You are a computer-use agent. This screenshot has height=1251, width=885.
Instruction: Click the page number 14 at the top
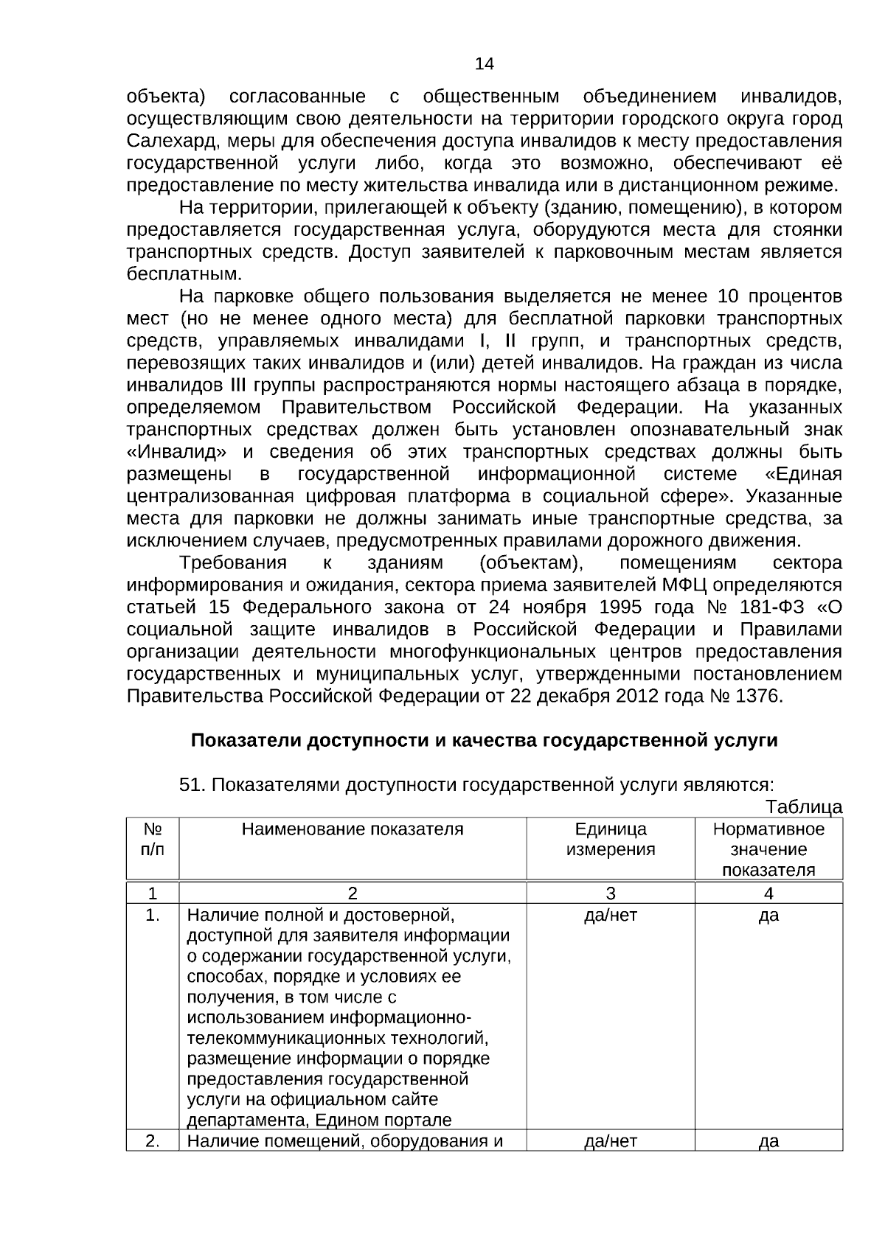click(484, 64)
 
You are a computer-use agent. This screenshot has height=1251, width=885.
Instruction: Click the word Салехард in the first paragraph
click(162, 141)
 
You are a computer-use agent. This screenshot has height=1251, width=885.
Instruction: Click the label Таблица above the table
click(803, 807)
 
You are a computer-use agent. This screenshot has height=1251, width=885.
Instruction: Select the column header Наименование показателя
click(353, 829)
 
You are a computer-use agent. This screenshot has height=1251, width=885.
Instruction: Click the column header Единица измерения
click(610, 840)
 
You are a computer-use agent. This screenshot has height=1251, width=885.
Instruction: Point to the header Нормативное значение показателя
click(768, 849)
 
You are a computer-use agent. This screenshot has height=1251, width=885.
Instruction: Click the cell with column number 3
click(610, 894)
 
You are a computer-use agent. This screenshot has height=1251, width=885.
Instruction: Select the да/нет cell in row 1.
click(610, 916)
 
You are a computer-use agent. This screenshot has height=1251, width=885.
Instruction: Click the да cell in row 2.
click(768, 1142)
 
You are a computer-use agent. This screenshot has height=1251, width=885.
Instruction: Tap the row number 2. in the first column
click(153, 1142)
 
